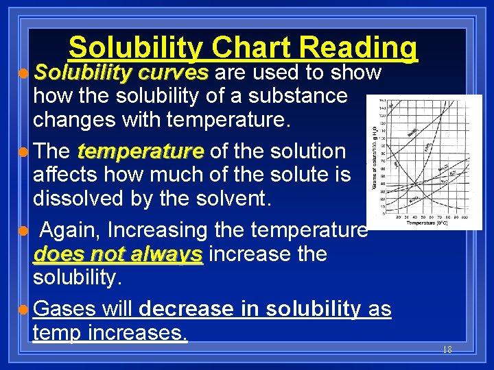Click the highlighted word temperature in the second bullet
click(x=141, y=151)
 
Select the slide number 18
click(x=447, y=349)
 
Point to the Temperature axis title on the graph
click(x=427, y=223)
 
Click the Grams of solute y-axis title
click(x=373, y=158)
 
